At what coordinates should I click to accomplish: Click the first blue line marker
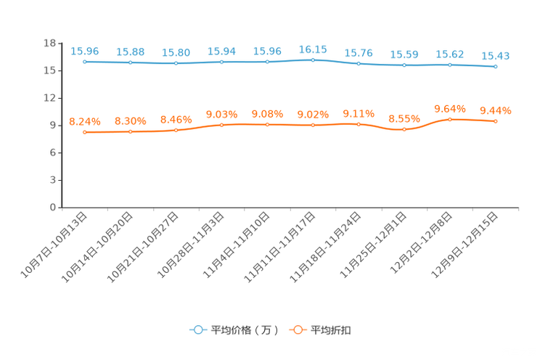[x=85, y=62]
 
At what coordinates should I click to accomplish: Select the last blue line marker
[x=495, y=67]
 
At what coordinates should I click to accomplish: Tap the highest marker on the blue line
[x=313, y=60]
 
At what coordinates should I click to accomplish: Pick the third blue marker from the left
[x=176, y=64]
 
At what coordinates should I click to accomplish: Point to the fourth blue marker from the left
[x=221, y=62]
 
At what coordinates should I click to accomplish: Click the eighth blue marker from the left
[x=404, y=65]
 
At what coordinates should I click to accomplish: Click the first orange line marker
[x=85, y=132]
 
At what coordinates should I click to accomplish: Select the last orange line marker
[x=495, y=121]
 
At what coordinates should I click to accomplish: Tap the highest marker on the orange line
[x=450, y=119]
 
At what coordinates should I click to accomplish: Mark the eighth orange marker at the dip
[x=404, y=130]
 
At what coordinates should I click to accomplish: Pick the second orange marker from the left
[x=131, y=131]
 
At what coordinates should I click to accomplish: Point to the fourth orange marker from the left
[x=221, y=125]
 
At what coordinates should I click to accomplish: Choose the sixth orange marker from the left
[x=313, y=126]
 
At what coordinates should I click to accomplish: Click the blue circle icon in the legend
[x=197, y=330]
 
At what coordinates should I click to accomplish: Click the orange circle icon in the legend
[x=297, y=330]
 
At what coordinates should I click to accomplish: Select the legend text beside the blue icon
[x=244, y=330]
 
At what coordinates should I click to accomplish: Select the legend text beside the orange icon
[x=332, y=330]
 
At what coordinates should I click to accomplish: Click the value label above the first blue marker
[x=85, y=51]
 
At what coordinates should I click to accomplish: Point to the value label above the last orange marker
[x=495, y=111]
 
